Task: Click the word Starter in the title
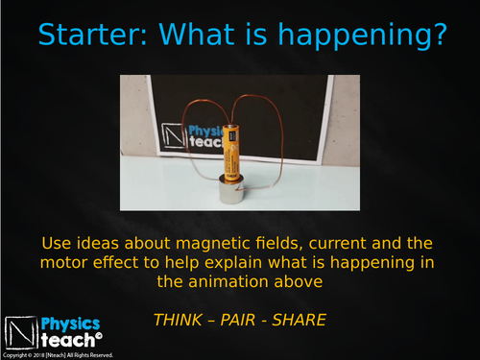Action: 92,36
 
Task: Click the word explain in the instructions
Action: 232,262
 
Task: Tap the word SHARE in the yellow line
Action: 300,318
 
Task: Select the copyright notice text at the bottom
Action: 58,355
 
